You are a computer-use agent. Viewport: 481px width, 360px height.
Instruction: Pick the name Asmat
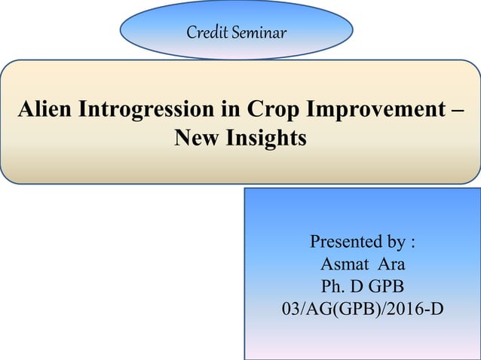tap(343, 264)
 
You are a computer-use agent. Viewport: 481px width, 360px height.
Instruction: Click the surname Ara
tap(391, 264)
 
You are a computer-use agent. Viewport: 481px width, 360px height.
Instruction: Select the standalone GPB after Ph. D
tap(386, 286)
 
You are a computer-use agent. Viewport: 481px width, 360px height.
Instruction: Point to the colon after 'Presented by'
tap(412, 243)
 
